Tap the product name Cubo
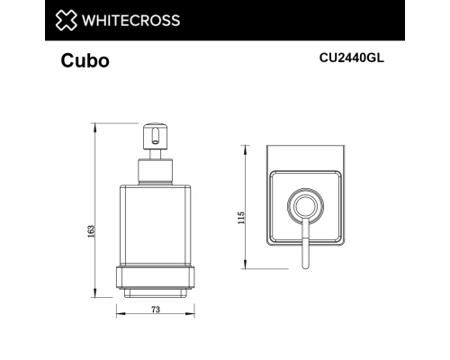(85, 63)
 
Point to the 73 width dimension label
(155, 310)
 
